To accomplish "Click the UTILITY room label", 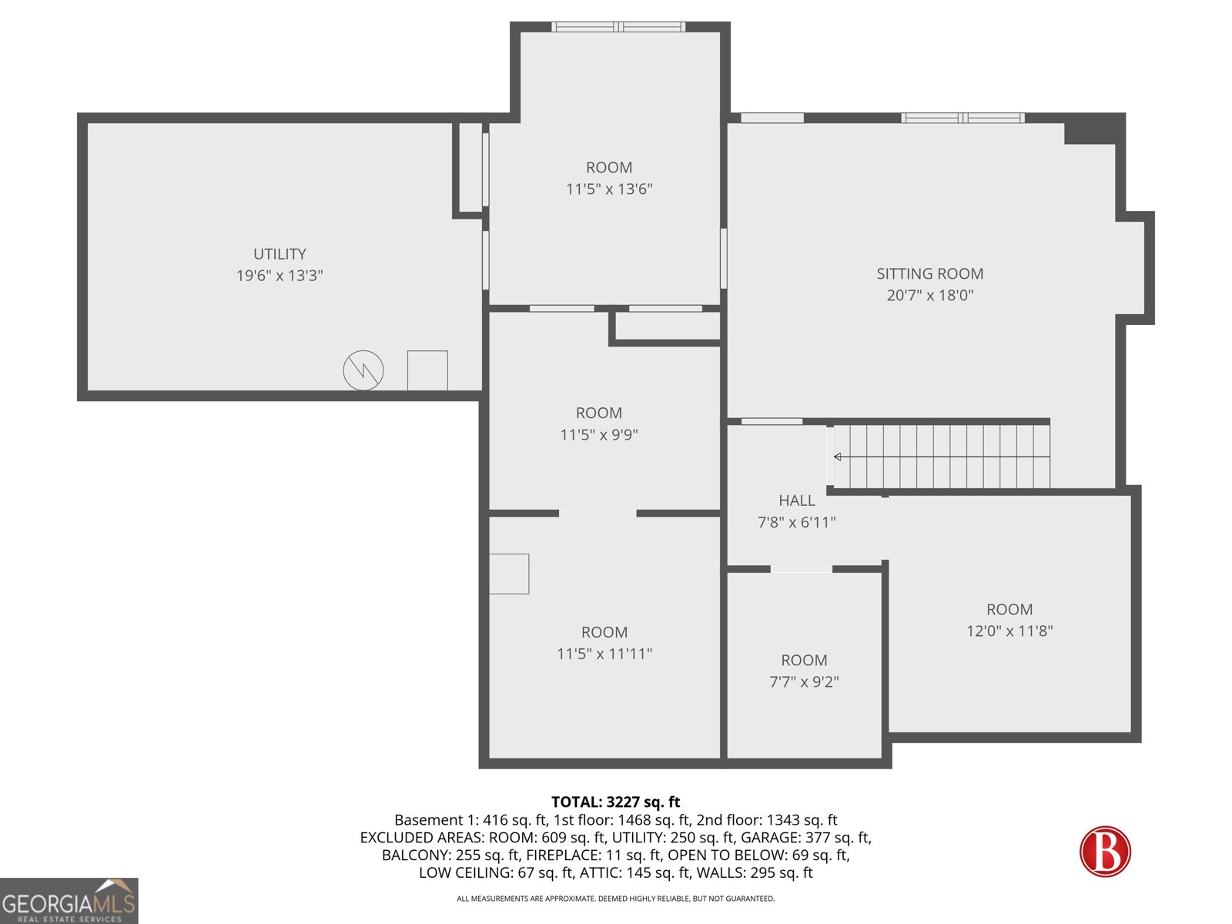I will click(x=280, y=254).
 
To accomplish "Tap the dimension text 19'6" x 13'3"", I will click(x=280, y=276).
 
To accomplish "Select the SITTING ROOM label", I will click(x=929, y=273).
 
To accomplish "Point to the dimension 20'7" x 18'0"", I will click(x=929, y=295).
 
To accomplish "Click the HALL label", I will click(x=796, y=500).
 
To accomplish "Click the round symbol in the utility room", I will click(x=363, y=370).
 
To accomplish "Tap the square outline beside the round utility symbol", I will click(x=427, y=370).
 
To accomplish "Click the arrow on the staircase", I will click(x=839, y=457).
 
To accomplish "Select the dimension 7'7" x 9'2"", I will click(x=804, y=681).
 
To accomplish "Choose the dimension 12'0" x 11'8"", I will click(x=1009, y=631).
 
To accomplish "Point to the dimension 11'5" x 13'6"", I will click(x=609, y=189).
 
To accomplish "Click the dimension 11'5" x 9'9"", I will click(x=599, y=434).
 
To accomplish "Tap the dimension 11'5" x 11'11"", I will click(x=604, y=654).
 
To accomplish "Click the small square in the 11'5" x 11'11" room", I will click(x=509, y=574).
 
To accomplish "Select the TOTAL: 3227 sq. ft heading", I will click(x=615, y=802).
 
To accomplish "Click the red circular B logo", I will click(x=1105, y=852).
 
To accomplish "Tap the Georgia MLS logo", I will click(x=69, y=901).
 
